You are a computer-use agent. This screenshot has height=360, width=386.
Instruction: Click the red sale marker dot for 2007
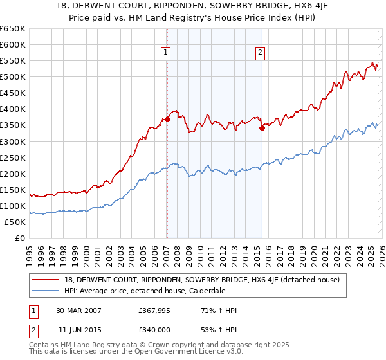point(167,119)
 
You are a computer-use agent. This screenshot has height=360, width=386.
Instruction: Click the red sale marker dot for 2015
point(262,128)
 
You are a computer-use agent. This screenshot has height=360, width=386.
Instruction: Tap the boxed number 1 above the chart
point(166,53)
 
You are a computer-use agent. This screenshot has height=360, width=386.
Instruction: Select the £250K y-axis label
point(13,157)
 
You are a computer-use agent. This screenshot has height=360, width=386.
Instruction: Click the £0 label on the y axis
point(19,238)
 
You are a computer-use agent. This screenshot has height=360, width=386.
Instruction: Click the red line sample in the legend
point(46,279)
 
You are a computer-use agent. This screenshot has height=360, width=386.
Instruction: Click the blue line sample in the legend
point(46,290)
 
